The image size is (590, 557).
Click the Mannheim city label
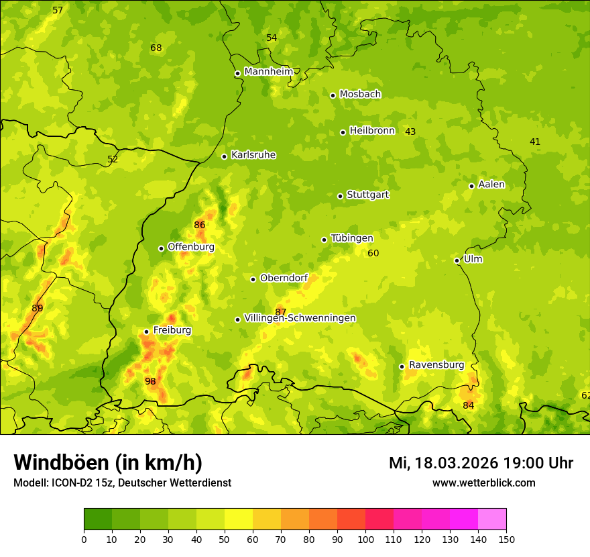click(268, 72)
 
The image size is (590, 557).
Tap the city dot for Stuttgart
click(340, 196)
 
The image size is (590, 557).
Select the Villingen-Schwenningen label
click(300, 318)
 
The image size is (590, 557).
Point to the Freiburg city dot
click(146, 332)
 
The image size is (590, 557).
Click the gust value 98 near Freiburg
click(150, 381)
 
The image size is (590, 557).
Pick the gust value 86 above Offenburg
click(199, 225)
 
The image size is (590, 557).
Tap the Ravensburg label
click(436, 365)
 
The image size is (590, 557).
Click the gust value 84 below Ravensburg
click(468, 405)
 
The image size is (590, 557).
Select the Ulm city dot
click(457, 260)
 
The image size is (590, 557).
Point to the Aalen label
click(491, 185)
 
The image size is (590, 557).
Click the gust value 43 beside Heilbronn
click(410, 132)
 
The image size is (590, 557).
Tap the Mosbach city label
click(360, 95)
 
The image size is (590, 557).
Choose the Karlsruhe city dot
click(224, 156)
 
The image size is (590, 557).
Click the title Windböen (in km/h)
click(107, 462)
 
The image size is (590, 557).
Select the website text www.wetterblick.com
click(483, 483)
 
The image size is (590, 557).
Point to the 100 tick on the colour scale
click(365, 539)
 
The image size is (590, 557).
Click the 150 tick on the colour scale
click(506, 539)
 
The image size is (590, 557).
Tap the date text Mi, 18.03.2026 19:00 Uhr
click(481, 463)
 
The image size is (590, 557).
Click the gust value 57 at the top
click(58, 10)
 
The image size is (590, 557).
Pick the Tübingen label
click(352, 238)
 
